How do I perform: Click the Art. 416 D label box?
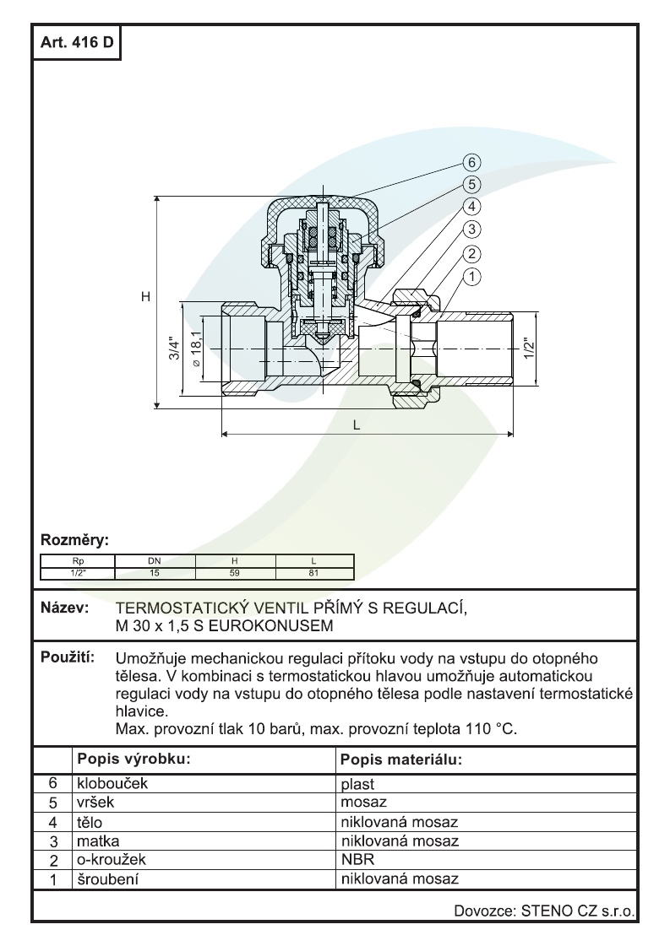point(77,43)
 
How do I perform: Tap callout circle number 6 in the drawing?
point(472,162)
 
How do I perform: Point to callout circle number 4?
point(472,207)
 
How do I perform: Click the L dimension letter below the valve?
point(357,425)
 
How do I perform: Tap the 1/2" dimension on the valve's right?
point(527,348)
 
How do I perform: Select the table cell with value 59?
point(235,573)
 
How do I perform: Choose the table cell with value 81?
point(313,573)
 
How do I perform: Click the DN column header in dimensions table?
point(154,561)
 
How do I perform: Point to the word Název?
point(64,608)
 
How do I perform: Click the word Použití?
point(68,657)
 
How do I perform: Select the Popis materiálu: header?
point(400,760)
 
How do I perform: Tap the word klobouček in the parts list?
point(112,784)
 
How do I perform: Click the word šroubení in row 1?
point(108,879)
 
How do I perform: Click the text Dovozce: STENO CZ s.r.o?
point(544,911)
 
